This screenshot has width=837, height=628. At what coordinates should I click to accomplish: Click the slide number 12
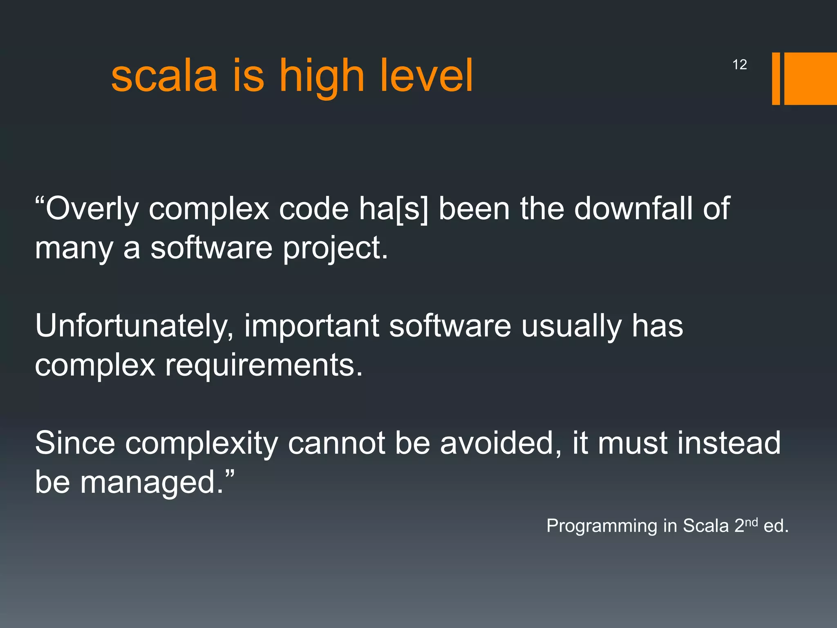pyautogui.click(x=739, y=65)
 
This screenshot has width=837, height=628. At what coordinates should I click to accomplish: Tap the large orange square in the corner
pyautogui.click(x=810, y=78)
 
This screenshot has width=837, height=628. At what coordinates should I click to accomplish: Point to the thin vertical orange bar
pyautogui.click(x=776, y=78)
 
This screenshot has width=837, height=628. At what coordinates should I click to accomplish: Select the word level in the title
pyautogui.click(x=426, y=76)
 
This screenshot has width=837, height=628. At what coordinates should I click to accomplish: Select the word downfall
pyautogui.click(x=633, y=209)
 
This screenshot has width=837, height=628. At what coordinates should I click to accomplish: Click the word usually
pyautogui.click(x=571, y=326)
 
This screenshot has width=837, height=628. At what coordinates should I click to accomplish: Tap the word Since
pyautogui.click(x=75, y=443)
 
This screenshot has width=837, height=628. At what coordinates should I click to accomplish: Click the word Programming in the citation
pyautogui.click(x=602, y=526)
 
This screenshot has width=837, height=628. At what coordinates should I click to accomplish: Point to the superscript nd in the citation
pyautogui.click(x=751, y=522)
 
